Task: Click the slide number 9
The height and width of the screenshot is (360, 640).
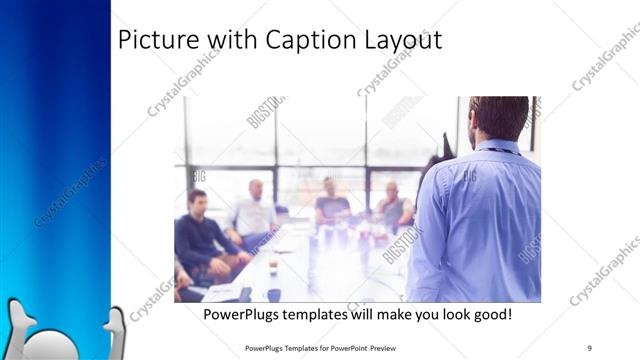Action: coord(589,347)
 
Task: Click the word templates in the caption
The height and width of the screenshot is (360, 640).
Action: coord(323,314)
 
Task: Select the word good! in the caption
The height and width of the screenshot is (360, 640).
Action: coord(490,314)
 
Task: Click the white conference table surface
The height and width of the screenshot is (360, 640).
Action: coord(300,270)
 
